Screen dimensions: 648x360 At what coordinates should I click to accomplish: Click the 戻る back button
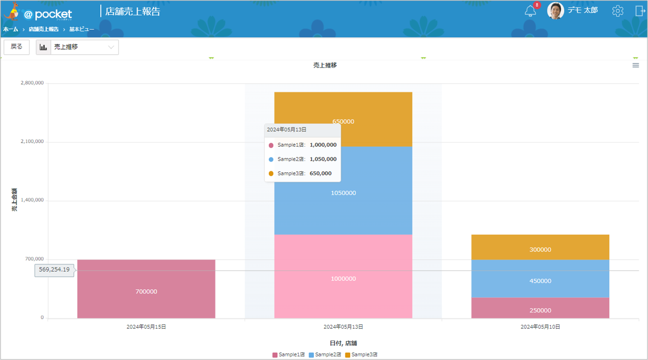[16, 47]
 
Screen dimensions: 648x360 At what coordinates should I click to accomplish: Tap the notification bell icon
[530, 11]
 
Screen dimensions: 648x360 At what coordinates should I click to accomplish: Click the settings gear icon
[617, 11]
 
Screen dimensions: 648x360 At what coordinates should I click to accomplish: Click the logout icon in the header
[640, 11]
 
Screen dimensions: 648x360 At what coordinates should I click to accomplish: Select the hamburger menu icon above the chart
[636, 65]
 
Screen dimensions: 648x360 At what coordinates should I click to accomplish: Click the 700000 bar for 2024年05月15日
[146, 289]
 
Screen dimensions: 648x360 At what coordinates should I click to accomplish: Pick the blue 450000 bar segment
[540, 279]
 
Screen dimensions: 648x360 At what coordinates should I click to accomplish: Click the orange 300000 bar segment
[540, 247]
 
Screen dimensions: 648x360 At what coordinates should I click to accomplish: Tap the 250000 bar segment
[540, 308]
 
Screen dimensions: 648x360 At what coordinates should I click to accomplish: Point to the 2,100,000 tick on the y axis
[32, 142]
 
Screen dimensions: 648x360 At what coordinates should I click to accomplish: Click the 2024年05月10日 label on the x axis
[540, 327]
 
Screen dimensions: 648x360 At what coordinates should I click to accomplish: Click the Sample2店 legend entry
[325, 354]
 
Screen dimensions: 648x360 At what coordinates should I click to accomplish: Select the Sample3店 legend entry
[361, 354]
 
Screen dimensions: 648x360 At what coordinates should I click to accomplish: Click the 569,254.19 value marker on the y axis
[54, 270]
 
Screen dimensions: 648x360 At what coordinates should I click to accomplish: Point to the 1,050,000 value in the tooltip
[323, 159]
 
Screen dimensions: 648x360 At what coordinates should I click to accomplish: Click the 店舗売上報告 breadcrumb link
[43, 29]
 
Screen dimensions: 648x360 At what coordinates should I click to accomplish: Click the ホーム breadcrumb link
[11, 29]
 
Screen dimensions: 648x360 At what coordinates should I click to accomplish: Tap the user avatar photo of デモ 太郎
[556, 11]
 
